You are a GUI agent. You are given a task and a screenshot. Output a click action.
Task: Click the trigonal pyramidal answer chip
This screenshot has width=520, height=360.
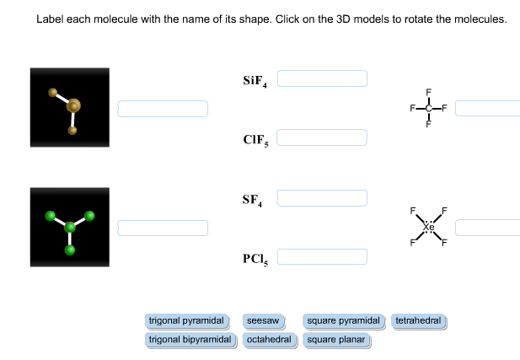tap(186, 321)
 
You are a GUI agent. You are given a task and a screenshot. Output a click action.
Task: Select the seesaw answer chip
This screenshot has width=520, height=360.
tap(262, 321)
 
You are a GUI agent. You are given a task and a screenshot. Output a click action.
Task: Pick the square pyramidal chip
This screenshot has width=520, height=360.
tap(344, 321)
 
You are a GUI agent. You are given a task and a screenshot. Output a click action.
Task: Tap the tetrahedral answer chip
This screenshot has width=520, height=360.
tap(418, 321)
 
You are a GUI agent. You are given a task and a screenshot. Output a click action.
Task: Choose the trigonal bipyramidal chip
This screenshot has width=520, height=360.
tap(190, 340)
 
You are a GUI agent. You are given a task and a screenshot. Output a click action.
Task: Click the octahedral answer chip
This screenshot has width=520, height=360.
tap(269, 340)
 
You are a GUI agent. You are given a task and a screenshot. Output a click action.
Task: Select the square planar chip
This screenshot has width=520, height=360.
tap(335, 340)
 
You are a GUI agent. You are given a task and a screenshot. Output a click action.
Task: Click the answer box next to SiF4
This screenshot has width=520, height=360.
tap(322, 78)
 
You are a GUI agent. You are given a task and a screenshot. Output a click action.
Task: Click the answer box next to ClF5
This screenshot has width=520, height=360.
tap(322, 137)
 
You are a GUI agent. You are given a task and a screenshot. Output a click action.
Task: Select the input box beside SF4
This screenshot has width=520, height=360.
tap(322, 198)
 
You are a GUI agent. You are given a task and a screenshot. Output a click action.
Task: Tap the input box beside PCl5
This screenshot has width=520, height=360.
tap(322, 256)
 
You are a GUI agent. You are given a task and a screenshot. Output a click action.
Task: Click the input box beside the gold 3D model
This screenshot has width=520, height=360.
tap(163, 109)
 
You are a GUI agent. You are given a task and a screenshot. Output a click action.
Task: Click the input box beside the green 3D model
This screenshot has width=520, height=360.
tap(163, 228)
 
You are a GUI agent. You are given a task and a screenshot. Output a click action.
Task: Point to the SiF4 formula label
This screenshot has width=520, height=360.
tap(255, 81)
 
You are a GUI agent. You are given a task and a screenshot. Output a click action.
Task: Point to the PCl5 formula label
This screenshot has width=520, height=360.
tap(255, 258)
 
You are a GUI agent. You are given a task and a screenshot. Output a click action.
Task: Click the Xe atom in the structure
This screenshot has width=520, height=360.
tap(428, 227)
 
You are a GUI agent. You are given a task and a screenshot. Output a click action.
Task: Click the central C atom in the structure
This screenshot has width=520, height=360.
tap(428, 109)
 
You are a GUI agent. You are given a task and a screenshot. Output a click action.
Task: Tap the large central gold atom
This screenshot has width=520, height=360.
tap(73, 106)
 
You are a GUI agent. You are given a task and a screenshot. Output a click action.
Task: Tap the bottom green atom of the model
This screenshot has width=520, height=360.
tap(70, 250)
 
